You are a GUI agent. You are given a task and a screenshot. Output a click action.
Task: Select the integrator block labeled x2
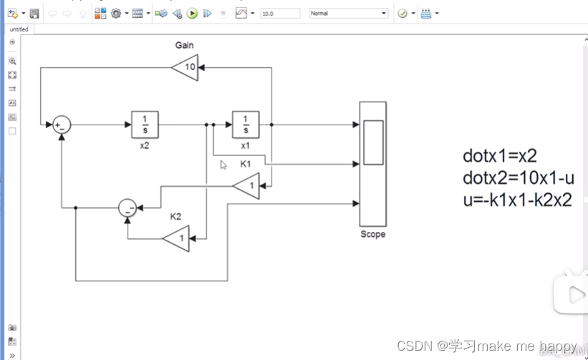pyautogui.click(x=144, y=124)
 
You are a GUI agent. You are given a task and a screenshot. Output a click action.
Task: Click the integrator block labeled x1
pyautogui.click(x=246, y=124)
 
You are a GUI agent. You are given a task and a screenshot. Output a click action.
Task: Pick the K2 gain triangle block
pyautogui.click(x=178, y=238)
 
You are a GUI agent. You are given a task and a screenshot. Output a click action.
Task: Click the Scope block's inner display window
pyautogui.click(x=372, y=142)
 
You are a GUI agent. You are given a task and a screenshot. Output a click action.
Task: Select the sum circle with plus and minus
pyautogui.click(x=62, y=125)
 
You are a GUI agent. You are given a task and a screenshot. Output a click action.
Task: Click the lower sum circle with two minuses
pyautogui.click(x=127, y=208)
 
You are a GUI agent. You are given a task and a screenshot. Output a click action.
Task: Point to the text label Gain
pyautogui.click(x=184, y=45)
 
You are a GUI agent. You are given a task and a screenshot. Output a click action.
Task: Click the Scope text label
pyautogui.click(x=372, y=234)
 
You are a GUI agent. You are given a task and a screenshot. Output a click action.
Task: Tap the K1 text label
pyautogui.click(x=246, y=164)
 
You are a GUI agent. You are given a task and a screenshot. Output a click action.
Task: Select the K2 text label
pyautogui.click(x=175, y=216)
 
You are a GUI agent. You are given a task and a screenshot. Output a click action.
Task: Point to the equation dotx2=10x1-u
pyautogui.click(x=519, y=177)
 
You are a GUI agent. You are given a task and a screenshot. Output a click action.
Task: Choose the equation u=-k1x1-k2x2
pyautogui.click(x=517, y=200)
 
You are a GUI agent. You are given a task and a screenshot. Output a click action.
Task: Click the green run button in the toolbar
pyautogui.click(x=192, y=13)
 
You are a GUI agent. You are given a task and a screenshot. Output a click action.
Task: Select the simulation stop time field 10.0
pyautogui.click(x=280, y=14)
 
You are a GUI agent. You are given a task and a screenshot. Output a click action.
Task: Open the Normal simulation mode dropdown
pyautogui.click(x=349, y=14)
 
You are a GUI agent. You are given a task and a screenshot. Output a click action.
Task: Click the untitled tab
pyautogui.click(x=20, y=29)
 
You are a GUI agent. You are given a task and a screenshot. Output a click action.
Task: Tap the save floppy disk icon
pyautogui.click(x=34, y=13)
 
